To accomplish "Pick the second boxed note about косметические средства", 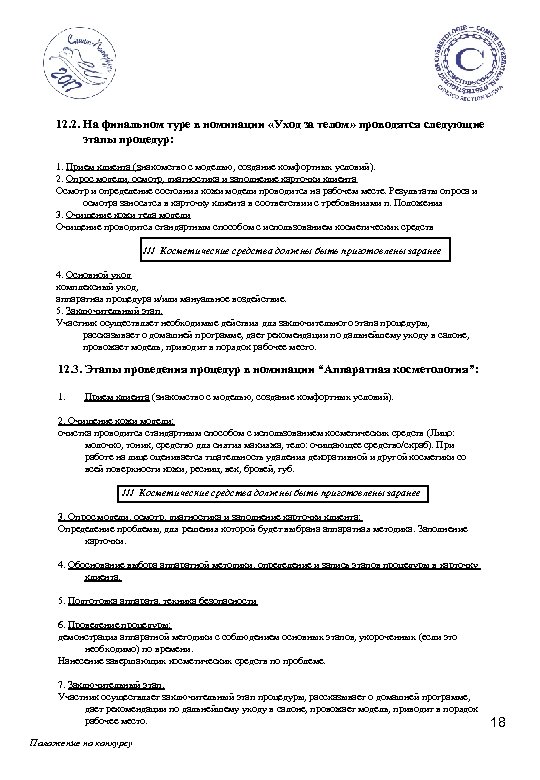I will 271,495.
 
